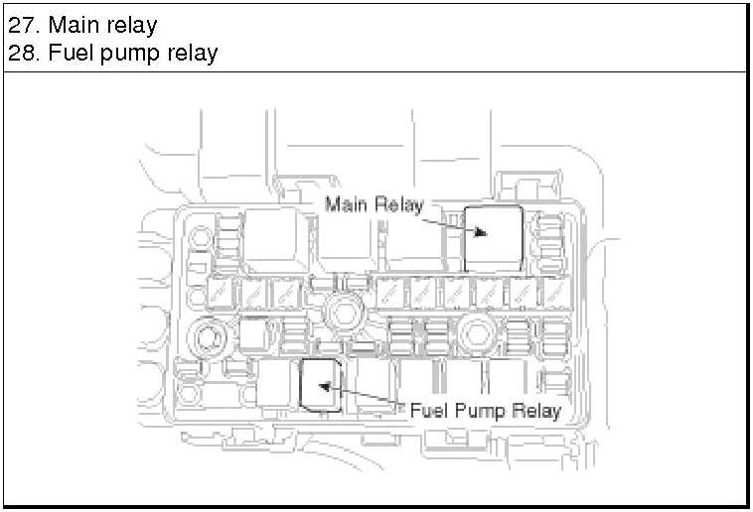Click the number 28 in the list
coord(22,53)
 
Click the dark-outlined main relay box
coord(493,237)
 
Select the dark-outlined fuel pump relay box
coord(321,384)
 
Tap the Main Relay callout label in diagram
coord(375,205)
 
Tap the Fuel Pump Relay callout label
coord(486,410)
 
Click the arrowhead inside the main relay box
coord(481,232)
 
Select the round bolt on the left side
coord(209,337)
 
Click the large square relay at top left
coord(271,238)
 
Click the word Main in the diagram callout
coord(347,205)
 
